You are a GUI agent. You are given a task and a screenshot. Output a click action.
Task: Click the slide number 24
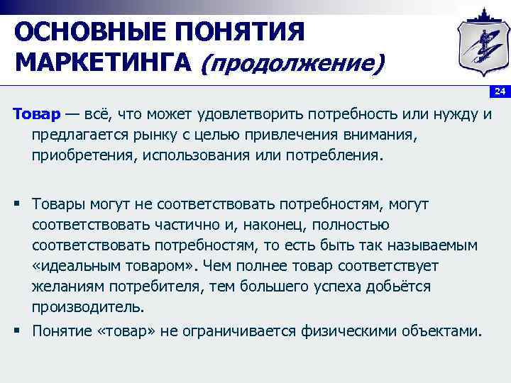coord(500,92)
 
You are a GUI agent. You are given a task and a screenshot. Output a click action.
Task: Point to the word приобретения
coord(76,155)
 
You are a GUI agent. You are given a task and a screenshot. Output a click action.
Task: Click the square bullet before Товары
coord(16,204)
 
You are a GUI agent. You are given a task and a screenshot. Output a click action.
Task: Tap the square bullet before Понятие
coord(16,331)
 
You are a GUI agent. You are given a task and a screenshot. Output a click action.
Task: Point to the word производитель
coord(87,307)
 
